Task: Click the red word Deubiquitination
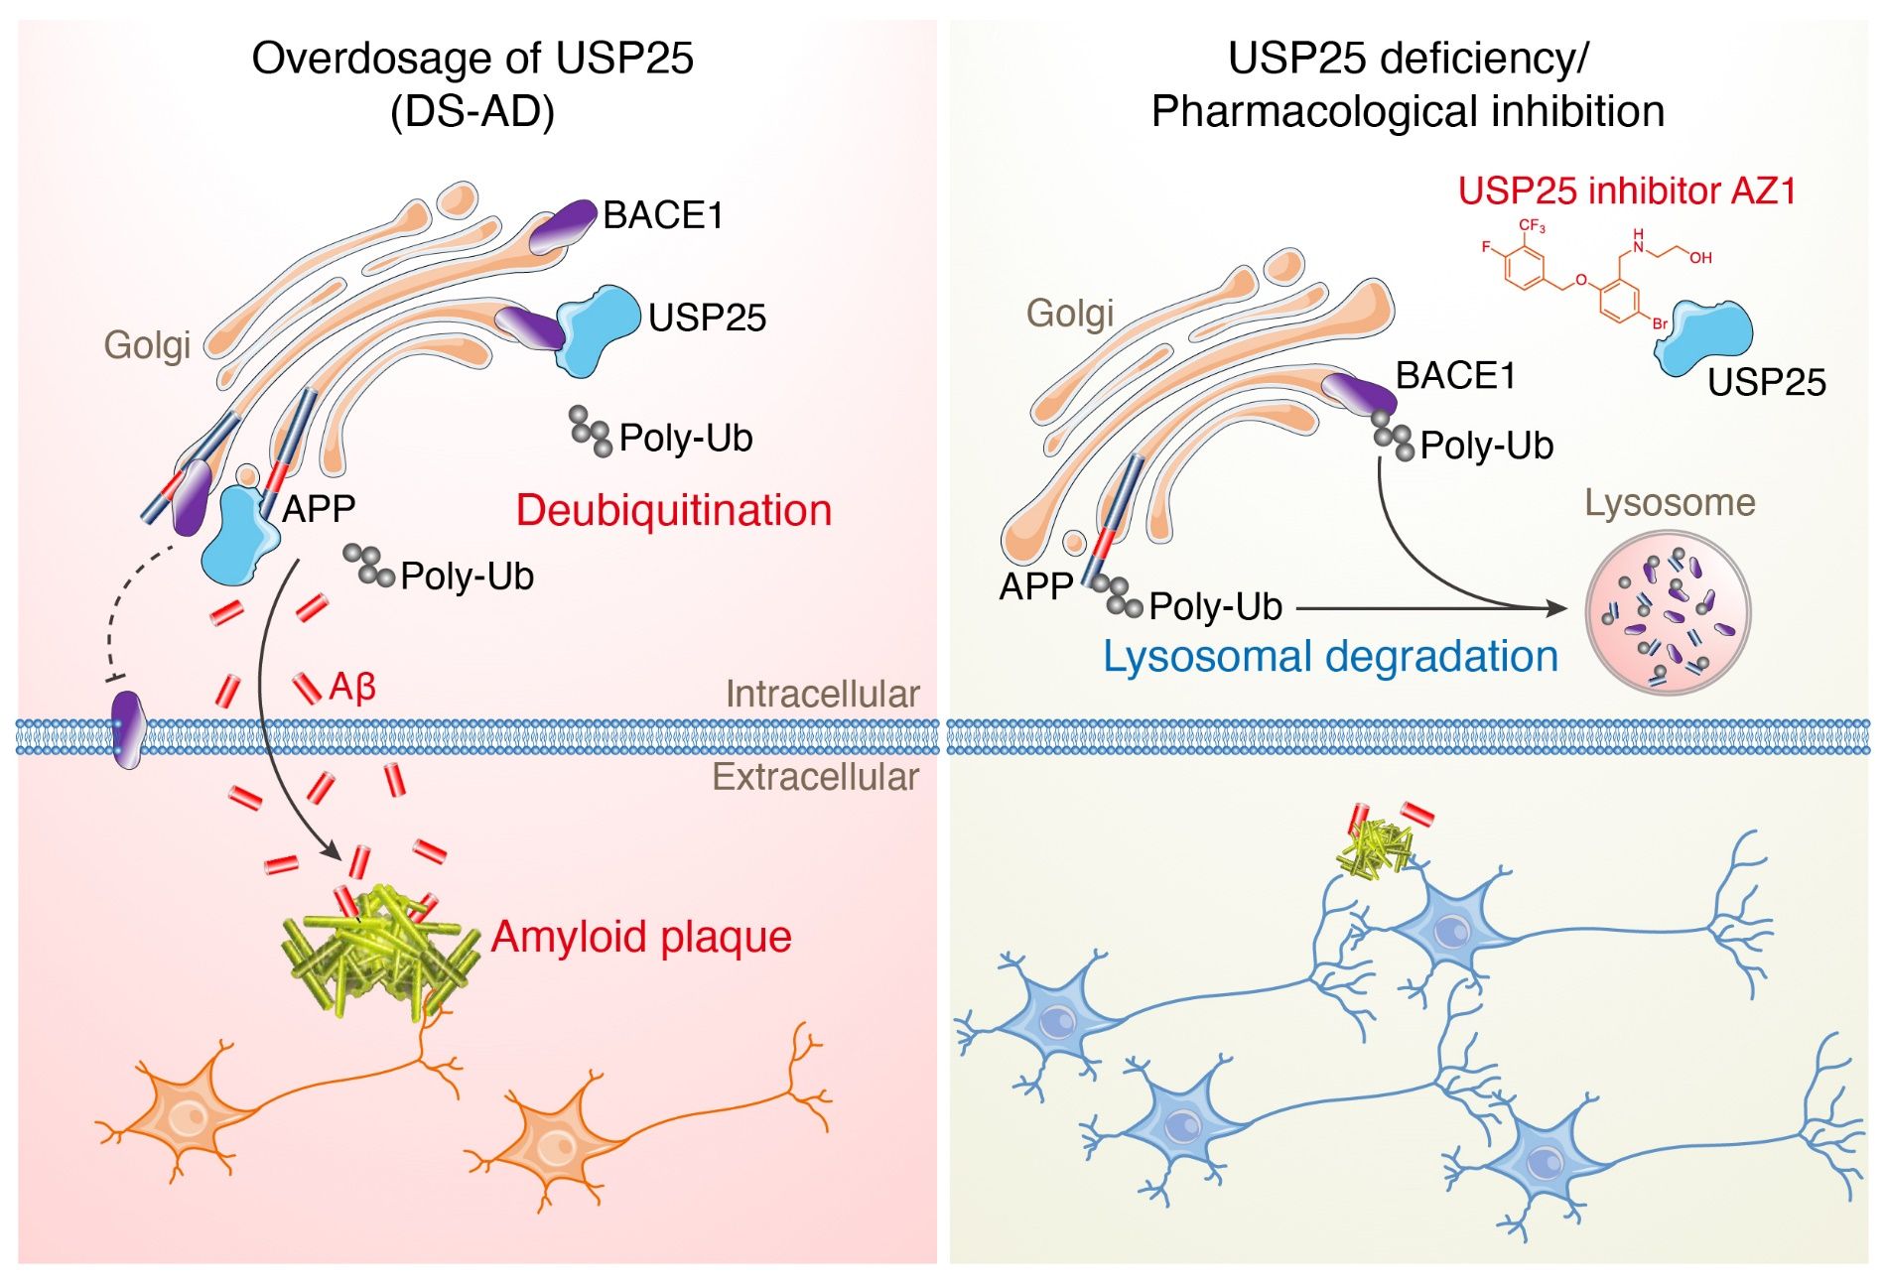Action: coord(673,510)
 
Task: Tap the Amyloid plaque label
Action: coord(641,936)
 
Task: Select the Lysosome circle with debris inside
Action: coord(1668,612)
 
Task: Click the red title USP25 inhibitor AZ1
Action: coord(1627,191)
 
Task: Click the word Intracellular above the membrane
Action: coord(822,694)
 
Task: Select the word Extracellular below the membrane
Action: coord(815,776)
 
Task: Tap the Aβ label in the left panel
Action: coord(352,686)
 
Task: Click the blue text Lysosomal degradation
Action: coord(1330,656)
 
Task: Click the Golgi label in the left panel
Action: coord(147,344)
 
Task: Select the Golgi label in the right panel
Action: coord(1069,313)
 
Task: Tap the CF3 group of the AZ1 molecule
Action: coord(1532,226)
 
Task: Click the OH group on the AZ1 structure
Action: coord(1700,257)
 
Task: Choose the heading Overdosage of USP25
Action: coord(472,59)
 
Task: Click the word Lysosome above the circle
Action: coord(1670,502)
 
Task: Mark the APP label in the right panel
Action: coord(1035,586)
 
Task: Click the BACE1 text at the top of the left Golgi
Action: coord(662,215)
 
